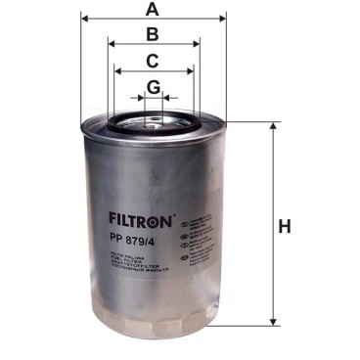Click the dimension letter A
(x=152, y=10)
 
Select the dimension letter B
(x=152, y=35)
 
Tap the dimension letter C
(x=153, y=61)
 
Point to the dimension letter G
(x=153, y=87)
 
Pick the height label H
(x=285, y=227)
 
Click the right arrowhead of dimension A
(x=223, y=19)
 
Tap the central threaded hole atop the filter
(x=153, y=124)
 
